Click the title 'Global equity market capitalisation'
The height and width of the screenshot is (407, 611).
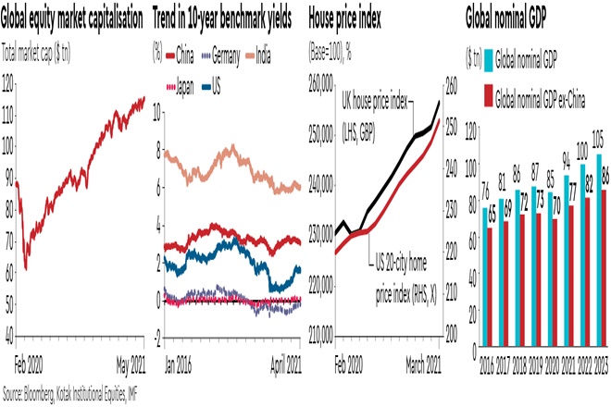point(73,18)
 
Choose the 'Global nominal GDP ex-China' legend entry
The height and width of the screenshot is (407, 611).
point(547,95)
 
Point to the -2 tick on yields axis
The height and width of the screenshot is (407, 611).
point(157,339)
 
